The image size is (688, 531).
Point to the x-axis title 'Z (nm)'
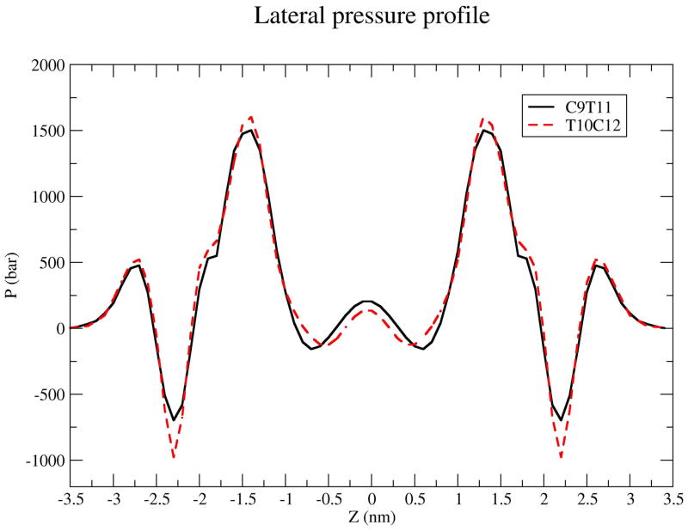[x=372, y=518]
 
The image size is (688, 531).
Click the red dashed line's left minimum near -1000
[x=174, y=457]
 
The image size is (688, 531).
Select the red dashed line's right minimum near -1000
[x=562, y=457]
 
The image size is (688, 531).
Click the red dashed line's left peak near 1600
[x=251, y=117]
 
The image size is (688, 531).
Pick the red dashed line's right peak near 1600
[x=483, y=119]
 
